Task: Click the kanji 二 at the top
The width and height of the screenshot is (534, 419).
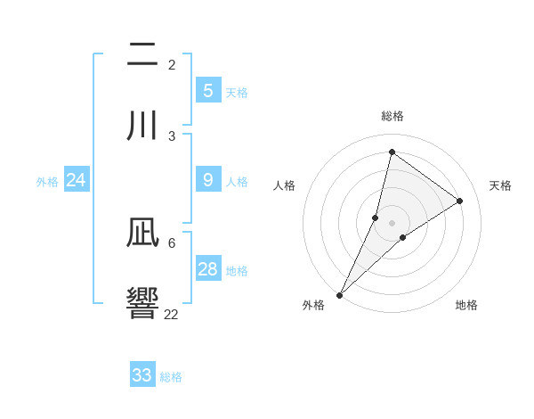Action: coord(142,54)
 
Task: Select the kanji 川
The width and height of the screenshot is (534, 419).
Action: coord(142,126)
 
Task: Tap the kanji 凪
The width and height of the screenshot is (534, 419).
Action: coord(142,234)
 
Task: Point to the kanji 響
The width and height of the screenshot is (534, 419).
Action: coord(142,304)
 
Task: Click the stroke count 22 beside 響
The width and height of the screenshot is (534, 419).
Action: coord(172,314)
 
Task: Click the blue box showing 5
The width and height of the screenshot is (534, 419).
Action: coord(208,91)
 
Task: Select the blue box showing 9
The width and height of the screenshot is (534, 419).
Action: coord(208,180)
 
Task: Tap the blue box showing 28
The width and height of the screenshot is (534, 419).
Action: coord(208,269)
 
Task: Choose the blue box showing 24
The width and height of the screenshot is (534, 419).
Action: coord(76,180)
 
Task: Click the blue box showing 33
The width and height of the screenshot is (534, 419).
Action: coord(142,375)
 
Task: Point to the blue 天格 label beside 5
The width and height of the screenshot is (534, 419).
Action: coord(237,93)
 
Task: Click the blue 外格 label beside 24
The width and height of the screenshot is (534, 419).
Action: coord(47,182)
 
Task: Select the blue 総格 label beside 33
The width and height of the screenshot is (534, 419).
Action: coord(171,377)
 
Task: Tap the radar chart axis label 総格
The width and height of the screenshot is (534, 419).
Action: coord(392,116)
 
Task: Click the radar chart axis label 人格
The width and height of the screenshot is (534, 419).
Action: coord(285,185)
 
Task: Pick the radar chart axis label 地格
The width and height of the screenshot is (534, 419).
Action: coord(466,305)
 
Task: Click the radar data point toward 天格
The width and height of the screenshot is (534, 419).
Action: coord(460,201)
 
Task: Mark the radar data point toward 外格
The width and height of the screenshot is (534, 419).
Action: coord(340,294)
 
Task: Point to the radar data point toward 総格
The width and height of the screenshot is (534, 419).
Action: coord(392,152)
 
